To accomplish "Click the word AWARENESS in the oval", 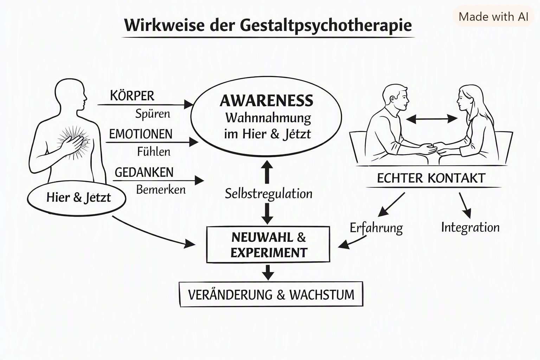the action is (x=266, y=101).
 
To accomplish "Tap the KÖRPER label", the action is (x=132, y=96).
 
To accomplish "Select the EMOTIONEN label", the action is (x=141, y=134).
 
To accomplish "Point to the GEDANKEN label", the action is (x=144, y=172).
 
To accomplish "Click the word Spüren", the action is (x=153, y=114).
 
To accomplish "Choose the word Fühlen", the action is (x=154, y=152).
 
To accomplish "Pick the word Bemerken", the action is (x=161, y=190).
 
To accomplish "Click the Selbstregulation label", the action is (x=269, y=194).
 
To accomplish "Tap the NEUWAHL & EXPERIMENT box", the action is (x=268, y=244).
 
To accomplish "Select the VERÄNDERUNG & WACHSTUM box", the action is (x=271, y=294).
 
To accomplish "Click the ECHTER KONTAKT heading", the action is (x=431, y=178).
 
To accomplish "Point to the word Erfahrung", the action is (x=376, y=228).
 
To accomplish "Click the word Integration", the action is (x=470, y=227).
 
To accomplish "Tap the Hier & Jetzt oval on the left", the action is (x=77, y=198).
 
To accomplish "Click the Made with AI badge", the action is (x=493, y=17).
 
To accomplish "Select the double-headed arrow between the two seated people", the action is (x=432, y=119).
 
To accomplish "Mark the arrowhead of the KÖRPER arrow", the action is (x=189, y=105).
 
